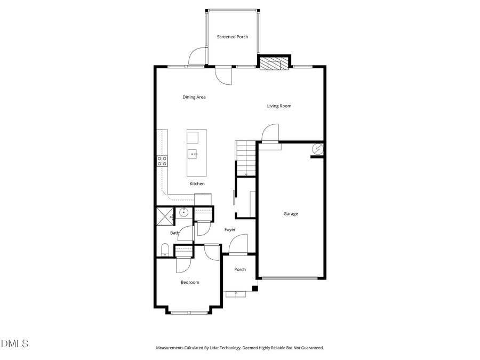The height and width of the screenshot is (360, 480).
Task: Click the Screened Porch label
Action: pyautogui.click(x=232, y=37)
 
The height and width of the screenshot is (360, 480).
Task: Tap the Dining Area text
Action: pyautogui.click(x=194, y=97)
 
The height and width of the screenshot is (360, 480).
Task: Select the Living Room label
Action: pyautogui.click(x=279, y=106)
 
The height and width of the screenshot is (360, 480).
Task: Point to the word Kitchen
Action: pyautogui.click(x=197, y=184)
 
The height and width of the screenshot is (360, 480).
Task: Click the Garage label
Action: pyautogui.click(x=291, y=214)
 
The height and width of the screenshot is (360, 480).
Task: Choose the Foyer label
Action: pyautogui.click(x=230, y=230)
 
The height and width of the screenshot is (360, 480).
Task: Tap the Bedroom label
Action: pyautogui.click(x=189, y=282)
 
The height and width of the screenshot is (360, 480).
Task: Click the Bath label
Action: pyautogui.click(x=174, y=233)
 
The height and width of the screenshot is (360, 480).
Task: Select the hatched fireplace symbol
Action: pyautogui.click(x=274, y=65)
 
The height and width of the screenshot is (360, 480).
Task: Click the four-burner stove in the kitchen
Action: pyautogui.click(x=162, y=161)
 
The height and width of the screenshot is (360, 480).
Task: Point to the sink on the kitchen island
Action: pyautogui.click(x=193, y=154)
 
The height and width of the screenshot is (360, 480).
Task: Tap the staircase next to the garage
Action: pyautogui.click(x=245, y=158)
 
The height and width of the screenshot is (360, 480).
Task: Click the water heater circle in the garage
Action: pyautogui.click(x=317, y=149)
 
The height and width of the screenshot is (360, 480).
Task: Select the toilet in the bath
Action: pyautogui.click(x=165, y=249)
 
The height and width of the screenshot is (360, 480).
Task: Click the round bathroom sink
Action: pyautogui.click(x=184, y=213)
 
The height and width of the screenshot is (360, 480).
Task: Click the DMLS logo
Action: pyautogui.click(x=14, y=343)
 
